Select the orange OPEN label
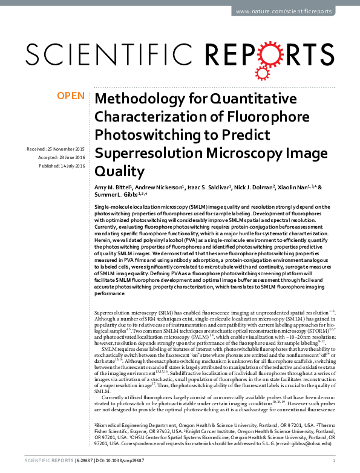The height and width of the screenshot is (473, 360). click(70, 96)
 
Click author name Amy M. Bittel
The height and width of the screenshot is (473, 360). click(113, 188)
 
